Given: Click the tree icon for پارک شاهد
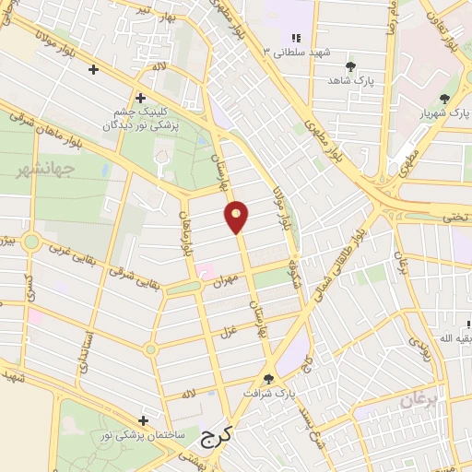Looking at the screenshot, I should click(350, 66).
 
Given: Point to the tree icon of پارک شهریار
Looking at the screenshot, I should click(445, 98).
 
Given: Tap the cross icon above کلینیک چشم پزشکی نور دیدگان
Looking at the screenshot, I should click(140, 97).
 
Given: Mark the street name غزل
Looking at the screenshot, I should click(227, 329).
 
